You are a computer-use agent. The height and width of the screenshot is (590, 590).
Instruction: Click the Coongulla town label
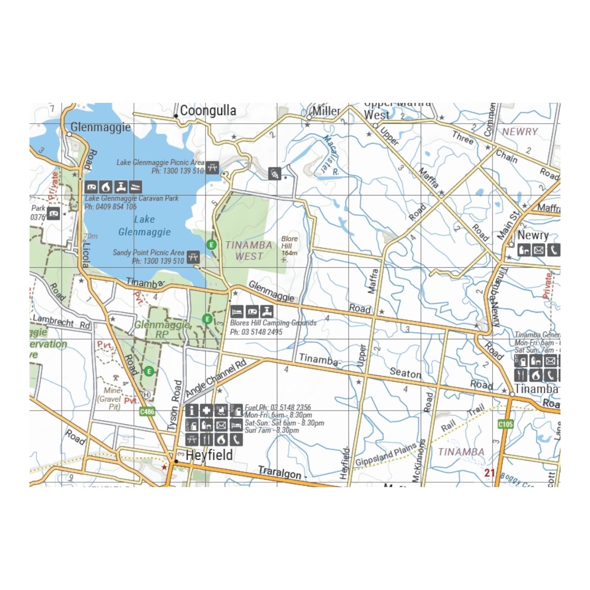208,110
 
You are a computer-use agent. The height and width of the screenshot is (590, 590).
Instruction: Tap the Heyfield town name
209,455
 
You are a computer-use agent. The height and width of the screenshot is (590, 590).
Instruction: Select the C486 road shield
147,412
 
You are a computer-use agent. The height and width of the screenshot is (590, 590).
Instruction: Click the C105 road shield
506,424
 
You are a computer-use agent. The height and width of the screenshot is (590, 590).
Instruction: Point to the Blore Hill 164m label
289,246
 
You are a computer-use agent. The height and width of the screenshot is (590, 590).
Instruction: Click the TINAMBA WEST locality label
249,250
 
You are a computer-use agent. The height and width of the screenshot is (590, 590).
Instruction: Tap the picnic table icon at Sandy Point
193,257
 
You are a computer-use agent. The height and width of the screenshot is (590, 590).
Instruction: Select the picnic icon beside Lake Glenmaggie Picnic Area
212,167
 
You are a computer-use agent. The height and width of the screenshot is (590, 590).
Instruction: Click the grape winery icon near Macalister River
274,173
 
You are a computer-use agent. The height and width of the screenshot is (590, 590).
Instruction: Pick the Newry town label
533,235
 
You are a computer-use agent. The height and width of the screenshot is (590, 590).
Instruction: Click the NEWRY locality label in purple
520,132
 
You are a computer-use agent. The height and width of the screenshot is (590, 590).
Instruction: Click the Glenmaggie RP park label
162,329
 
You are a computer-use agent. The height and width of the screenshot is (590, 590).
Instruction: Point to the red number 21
489,473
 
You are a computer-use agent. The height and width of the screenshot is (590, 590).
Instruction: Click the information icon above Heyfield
192,410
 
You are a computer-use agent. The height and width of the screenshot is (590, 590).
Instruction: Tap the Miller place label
326,111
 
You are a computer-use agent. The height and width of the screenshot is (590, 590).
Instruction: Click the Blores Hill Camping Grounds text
273,323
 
